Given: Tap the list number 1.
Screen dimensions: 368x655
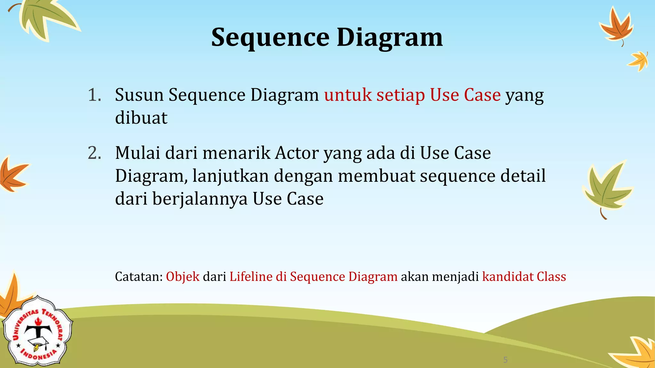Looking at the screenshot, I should [x=94, y=95].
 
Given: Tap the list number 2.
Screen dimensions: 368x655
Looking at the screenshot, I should [x=94, y=153].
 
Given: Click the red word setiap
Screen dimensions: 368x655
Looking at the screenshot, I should [x=400, y=95].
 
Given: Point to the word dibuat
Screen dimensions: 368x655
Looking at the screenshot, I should [x=141, y=118].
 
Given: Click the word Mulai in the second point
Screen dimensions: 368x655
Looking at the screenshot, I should [x=138, y=153].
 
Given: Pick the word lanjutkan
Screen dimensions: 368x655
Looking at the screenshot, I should [x=230, y=176].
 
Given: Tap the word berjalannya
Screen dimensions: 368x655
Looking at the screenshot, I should [x=200, y=199].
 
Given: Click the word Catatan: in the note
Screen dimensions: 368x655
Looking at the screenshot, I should [x=139, y=277].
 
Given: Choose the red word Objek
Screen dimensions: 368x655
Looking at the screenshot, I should [x=183, y=277].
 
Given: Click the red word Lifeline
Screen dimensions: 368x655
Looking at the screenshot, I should [x=251, y=277].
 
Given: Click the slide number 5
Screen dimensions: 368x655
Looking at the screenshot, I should [x=505, y=360].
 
